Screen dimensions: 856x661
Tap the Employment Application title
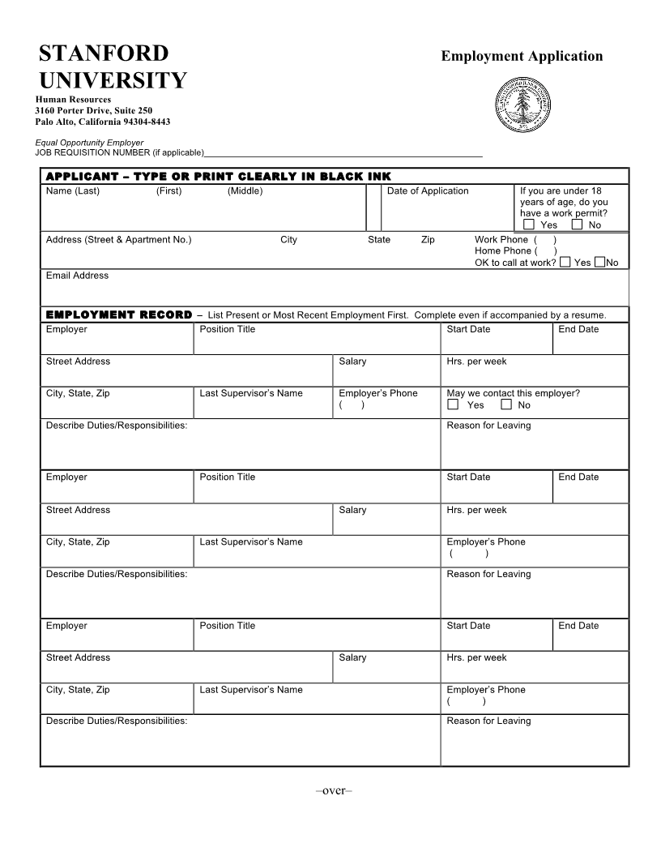click(x=522, y=56)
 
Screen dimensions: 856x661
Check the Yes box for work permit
click(x=528, y=225)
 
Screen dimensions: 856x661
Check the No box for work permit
click(x=577, y=225)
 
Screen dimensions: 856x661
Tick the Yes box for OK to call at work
click(x=565, y=262)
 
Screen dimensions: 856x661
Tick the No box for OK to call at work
click(x=599, y=262)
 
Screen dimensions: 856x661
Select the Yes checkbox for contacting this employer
click(x=453, y=404)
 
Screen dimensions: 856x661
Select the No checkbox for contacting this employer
click(x=506, y=404)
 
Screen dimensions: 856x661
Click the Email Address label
click(x=77, y=276)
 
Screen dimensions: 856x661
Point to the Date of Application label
click(x=428, y=191)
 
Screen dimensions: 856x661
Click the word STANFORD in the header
click(x=104, y=54)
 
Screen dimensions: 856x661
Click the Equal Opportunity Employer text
click(x=89, y=143)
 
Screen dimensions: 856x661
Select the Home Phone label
click(x=503, y=251)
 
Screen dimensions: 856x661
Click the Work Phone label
click(x=501, y=240)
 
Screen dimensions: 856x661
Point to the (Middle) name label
click(x=245, y=191)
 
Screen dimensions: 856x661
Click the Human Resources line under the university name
click(x=73, y=100)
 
